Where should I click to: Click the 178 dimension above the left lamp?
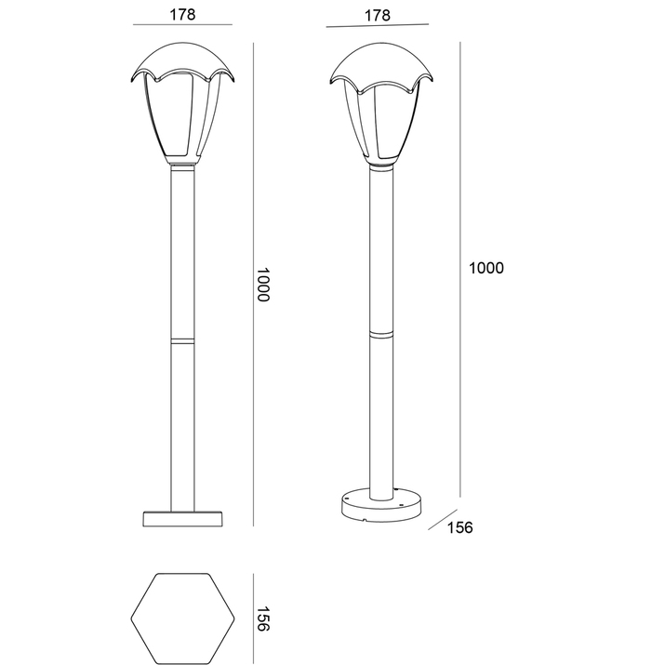click(x=183, y=15)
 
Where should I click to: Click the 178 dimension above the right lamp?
click(x=378, y=16)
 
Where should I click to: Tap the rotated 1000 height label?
click(x=263, y=285)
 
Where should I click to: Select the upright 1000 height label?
click(x=486, y=268)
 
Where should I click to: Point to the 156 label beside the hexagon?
click(x=263, y=618)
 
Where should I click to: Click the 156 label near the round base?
click(x=459, y=527)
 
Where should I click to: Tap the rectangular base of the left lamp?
click(x=183, y=519)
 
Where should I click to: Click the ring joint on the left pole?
click(x=183, y=340)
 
